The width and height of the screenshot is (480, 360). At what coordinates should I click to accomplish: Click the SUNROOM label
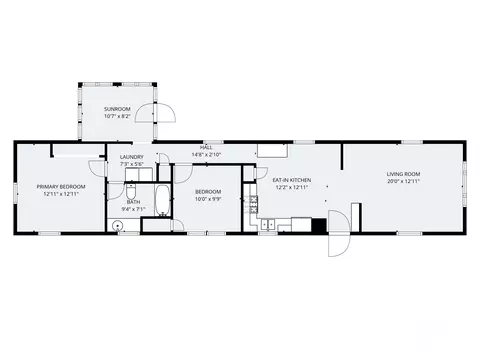(117, 108)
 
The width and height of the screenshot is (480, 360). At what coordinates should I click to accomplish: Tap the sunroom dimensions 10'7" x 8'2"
(117, 116)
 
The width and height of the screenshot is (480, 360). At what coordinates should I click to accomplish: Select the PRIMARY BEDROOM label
(61, 186)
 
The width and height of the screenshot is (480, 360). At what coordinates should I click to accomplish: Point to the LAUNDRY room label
(132, 156)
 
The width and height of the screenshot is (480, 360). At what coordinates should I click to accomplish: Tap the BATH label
(133, 202)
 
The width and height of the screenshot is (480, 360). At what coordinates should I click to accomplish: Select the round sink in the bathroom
(118, 226)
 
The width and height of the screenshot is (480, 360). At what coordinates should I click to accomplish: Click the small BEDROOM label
(207, 191)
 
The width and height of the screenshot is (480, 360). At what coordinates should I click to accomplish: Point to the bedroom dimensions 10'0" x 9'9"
(207, 199)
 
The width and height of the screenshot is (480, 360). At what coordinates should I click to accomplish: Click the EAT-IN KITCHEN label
(291, 180)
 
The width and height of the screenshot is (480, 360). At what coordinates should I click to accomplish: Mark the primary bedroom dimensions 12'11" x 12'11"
(61, 194)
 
